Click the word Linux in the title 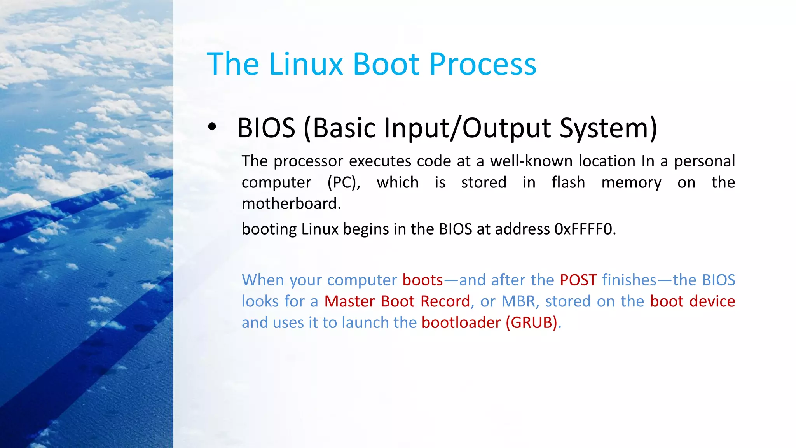click(306, 64)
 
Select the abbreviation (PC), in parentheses click(344, 182)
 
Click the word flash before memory click(568, 182)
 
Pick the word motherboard click(291, 203)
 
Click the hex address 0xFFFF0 click(585, 229)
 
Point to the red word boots click(422, 280)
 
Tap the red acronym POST click(578, 280)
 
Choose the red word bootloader click(461, 323)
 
